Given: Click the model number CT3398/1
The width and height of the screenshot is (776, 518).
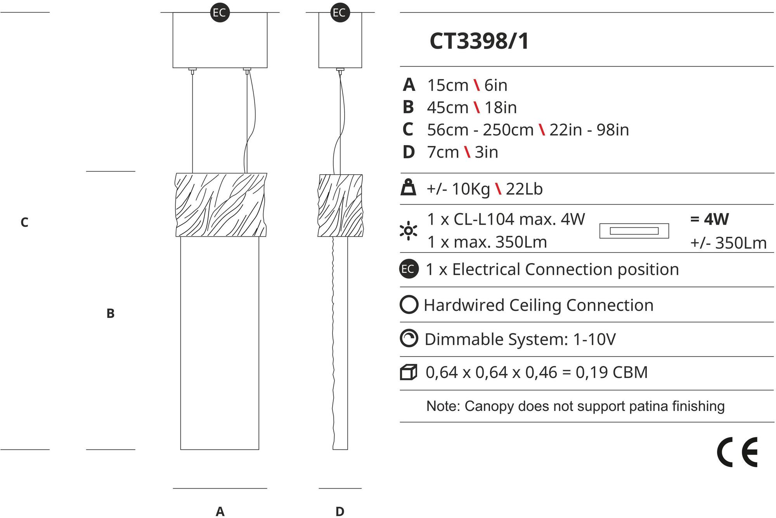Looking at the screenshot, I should click(479, 41).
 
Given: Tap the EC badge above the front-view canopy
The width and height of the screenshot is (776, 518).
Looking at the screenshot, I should click(220, 12).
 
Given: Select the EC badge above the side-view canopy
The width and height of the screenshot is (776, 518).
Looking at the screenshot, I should click(340, 12).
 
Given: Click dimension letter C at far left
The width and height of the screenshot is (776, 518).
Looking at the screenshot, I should click(24, 223).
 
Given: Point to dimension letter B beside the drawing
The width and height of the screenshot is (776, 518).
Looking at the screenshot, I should click(111, 314).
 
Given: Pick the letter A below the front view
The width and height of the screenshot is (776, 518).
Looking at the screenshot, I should click(220, 511).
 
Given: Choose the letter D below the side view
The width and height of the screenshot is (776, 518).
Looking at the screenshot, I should click(340, 511).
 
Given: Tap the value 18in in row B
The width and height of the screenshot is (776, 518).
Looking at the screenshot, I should click(501, 107).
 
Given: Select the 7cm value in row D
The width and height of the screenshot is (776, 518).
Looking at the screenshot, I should click(443, 152).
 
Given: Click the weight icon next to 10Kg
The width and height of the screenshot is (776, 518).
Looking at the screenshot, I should click(409, 188).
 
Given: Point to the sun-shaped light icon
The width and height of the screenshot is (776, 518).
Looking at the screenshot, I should click(409, 231).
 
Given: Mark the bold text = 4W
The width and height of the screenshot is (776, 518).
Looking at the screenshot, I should click(709, 219).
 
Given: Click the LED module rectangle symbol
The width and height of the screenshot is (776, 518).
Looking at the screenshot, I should click(634, 231).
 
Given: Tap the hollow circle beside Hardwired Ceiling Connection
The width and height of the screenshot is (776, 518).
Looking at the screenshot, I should click(409, 305).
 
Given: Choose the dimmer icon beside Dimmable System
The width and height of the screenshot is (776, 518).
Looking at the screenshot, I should click(409, 338).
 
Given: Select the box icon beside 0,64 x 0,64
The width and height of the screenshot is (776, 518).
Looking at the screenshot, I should click(409, 372).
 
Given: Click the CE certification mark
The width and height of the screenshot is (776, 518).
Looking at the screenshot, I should click(737, 452).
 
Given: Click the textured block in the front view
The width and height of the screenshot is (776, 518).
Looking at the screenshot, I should click(221, 204).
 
